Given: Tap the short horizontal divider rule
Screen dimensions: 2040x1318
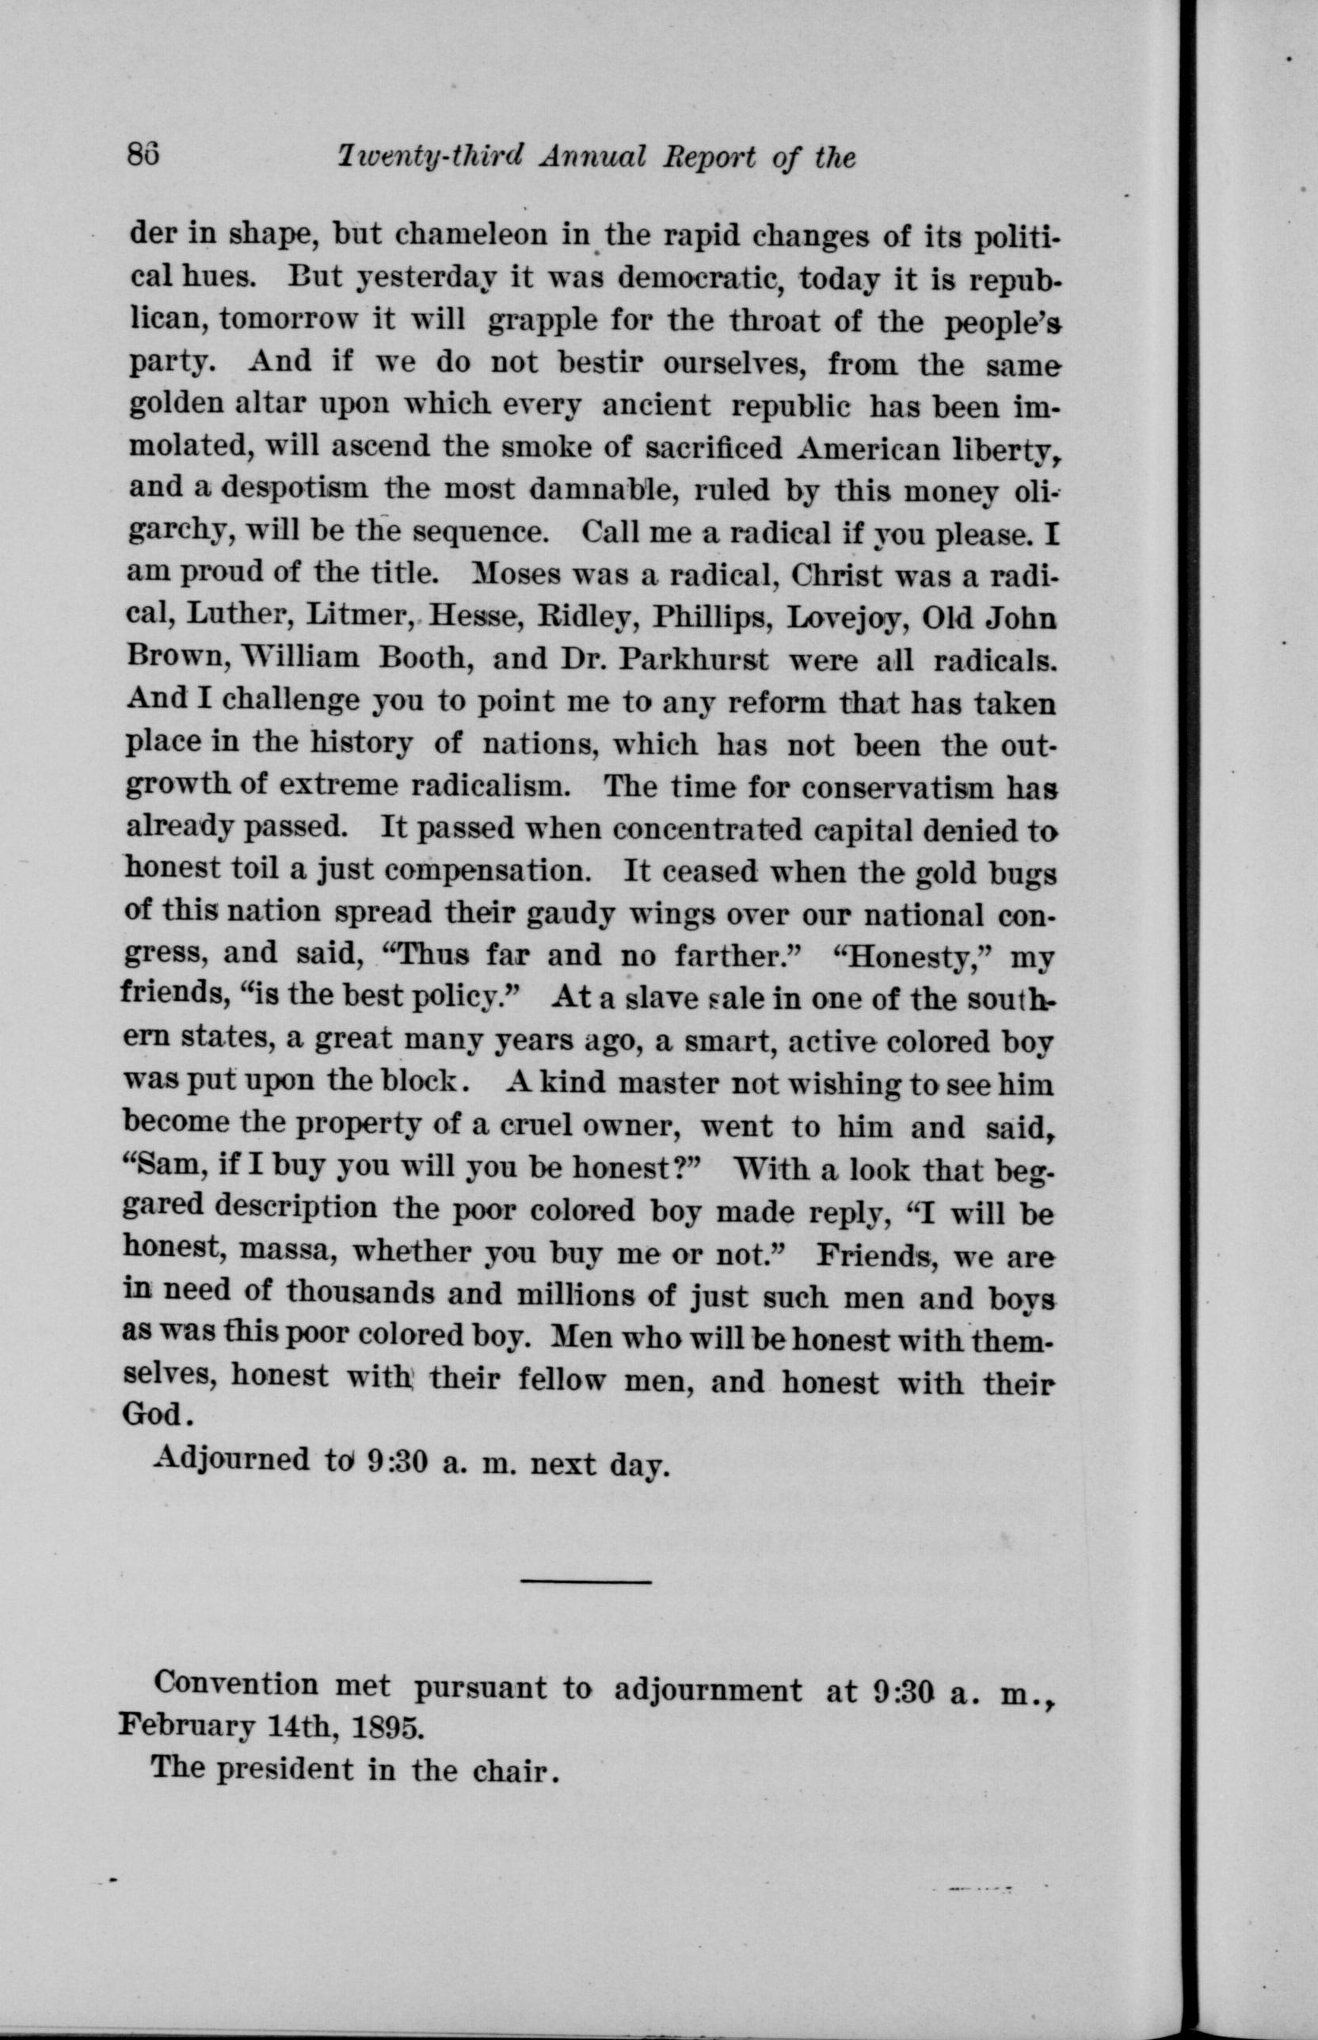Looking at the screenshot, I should point(586,1581).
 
